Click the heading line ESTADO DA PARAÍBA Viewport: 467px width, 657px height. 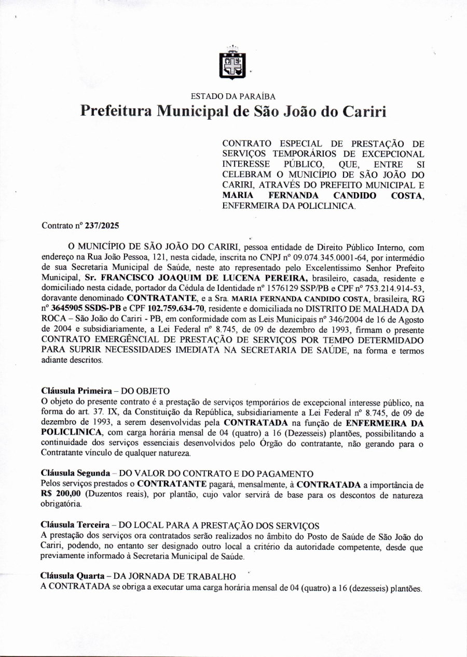[233, 96]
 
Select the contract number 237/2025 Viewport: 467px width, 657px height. [105, 226]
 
